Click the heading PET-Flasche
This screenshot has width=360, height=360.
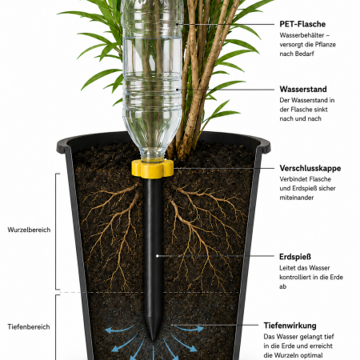coord(302,24)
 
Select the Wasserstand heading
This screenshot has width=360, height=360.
coord(303,89)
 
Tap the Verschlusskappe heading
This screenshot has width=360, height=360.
coord(310,168)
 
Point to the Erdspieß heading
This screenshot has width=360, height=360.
coord(295,257)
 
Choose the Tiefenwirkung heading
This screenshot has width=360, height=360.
coord(290,326)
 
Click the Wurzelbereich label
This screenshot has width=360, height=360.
coord(29,230)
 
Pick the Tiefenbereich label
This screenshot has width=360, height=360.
coord(29,327)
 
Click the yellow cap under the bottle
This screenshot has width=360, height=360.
coord(152,169)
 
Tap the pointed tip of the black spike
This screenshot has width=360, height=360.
coord(153,341)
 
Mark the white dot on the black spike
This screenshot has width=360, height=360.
coord(158,256)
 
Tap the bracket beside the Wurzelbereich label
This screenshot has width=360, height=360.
coord(56,231)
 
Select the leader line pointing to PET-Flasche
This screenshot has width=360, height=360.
coord(226,24)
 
